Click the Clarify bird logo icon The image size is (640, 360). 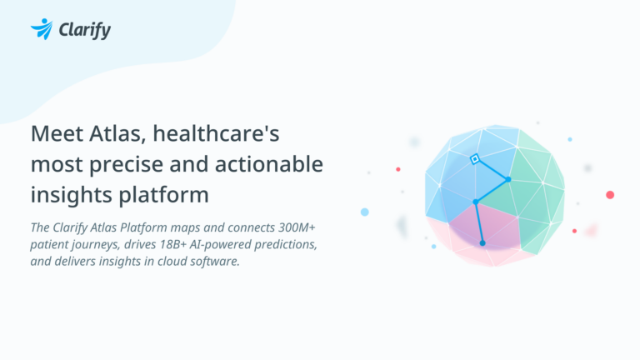pyautogui.click(x=41, y=29)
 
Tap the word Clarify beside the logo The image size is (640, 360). pyautogui.click(x=84, y=30)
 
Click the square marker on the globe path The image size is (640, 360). pyautogui.click(x=474, y=158)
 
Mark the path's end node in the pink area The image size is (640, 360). pyautogui.click(x=482, y=242)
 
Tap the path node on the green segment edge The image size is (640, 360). pyautogui.click(x=507, y=179)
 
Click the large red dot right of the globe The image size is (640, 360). pyautogui.click(x=610, y=194)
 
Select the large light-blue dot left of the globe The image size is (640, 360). pyautogui.click(x=364, y=212)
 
